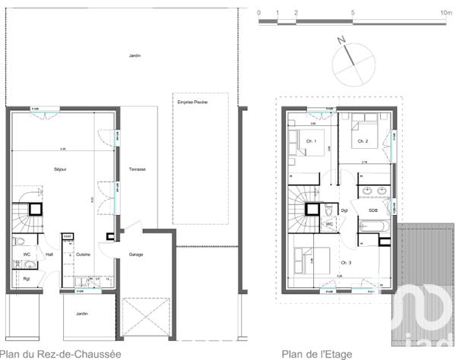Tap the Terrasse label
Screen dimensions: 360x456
(x=138, y=169)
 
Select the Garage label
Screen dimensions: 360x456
(x=136, y=254)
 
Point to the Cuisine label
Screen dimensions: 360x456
(x=83, y=254)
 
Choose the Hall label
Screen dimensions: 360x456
(x=49, y=254)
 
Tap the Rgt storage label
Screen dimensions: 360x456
(x=26, y=278)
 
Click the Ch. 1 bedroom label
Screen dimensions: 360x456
(x=311, y=141)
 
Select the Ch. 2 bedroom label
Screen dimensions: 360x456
(x=363, y=141)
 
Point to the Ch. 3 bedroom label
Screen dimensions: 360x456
(x=347, y=262)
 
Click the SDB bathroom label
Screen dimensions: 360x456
(x=373, y=210)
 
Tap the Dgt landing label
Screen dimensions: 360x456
(x=344, y=210)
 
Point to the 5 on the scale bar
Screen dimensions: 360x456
(x=353, y=13)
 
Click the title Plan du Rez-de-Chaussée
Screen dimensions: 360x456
(x=60, y=354)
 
